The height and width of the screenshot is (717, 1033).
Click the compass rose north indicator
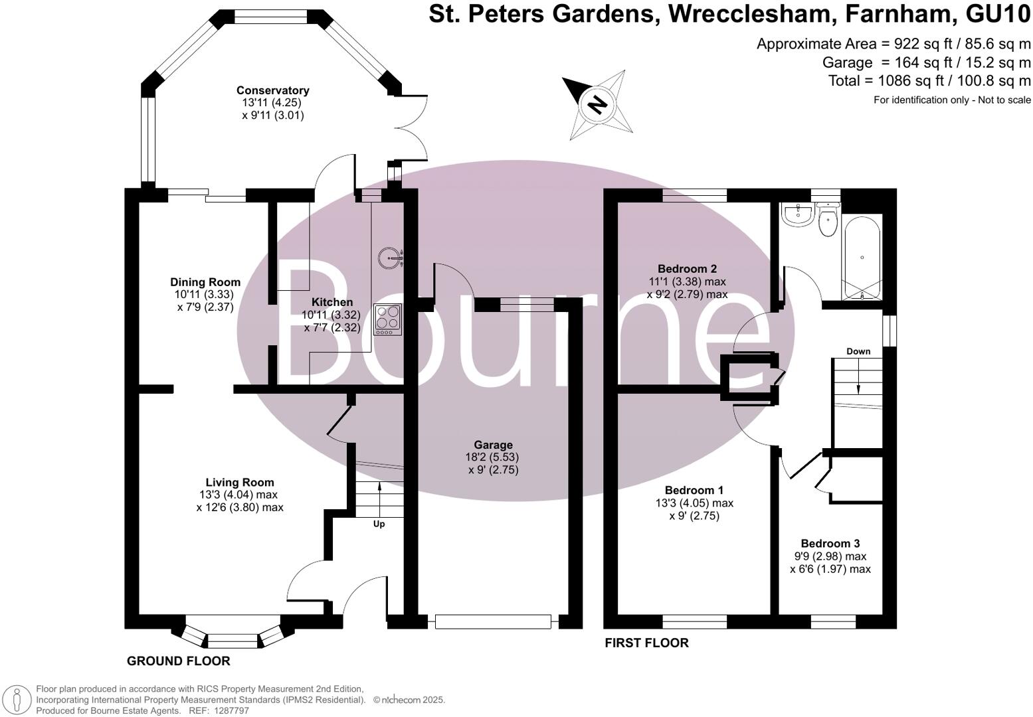click(x=597, y=104)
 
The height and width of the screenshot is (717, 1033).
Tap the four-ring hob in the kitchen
click(x=387, y=319)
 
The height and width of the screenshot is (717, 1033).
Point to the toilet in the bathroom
click(x=827, y=222)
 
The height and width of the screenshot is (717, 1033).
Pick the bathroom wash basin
click(x=797, y=214)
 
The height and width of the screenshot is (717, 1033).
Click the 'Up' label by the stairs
click(x=379, y=524)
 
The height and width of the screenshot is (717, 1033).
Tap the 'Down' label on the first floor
click(x=858, y=351)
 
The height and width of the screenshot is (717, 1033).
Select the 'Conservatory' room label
click(x=272, y=90)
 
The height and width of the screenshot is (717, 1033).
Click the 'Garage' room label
click(x=493, y=445)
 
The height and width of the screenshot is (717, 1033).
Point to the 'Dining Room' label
click(x=205, y=282)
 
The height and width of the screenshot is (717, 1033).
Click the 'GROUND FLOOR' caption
click(x=178, y=661)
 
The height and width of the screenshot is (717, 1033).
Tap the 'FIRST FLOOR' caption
click(x=646, y=643)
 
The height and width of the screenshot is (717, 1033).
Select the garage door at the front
click(x=493, y=622)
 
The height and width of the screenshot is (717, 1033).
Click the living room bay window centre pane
click(x=232, y=641)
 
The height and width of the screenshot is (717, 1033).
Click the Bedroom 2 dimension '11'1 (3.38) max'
click(x=687, y=281)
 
